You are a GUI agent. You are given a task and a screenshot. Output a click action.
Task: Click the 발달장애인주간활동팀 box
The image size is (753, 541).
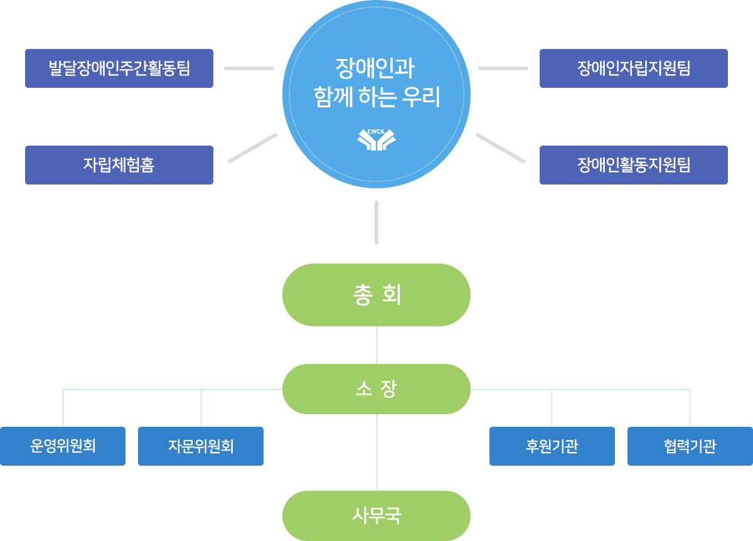click(x=119, y=68)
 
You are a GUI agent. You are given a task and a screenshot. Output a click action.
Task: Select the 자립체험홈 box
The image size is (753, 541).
click(x=119, y=164)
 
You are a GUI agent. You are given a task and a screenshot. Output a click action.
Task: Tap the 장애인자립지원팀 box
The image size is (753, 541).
click(x=633, y=68)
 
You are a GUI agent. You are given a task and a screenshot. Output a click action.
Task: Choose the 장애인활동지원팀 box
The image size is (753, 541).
click(x=633, y=164)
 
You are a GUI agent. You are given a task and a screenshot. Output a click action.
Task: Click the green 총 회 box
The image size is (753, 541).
click(x=376, y=294)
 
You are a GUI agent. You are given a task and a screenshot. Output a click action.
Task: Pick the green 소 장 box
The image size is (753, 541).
click(x=376, y=388)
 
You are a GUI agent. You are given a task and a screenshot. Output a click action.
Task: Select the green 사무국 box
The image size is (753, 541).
click(x=376, y=515)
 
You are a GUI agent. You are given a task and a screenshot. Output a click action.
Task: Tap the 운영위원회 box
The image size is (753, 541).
click(x=63, y=446)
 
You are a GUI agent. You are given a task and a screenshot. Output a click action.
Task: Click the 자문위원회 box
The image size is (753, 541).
click(x=200, y=446)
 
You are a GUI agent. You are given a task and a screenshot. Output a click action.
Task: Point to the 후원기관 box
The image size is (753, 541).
click(x=552, y=446)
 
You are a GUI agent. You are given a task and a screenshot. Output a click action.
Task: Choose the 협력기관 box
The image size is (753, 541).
click(x=690, y=446)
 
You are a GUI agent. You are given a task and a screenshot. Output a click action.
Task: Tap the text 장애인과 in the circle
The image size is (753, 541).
click(x=375, y=67)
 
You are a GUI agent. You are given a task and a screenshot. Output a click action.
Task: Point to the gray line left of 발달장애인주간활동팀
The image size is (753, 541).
click(x=248, y=68)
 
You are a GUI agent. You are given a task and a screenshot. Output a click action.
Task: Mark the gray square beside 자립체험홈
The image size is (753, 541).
click(x=252, y=148)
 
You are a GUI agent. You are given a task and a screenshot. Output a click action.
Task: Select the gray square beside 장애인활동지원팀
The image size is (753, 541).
click(x=500, y=148)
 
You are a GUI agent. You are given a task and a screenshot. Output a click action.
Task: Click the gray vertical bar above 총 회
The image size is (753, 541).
click(x=376, y=222)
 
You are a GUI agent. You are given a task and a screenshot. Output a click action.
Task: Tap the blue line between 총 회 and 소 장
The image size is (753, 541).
click(x=376, y=345)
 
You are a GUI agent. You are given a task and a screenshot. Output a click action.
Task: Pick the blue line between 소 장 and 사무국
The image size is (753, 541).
click(x=376, y=452)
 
